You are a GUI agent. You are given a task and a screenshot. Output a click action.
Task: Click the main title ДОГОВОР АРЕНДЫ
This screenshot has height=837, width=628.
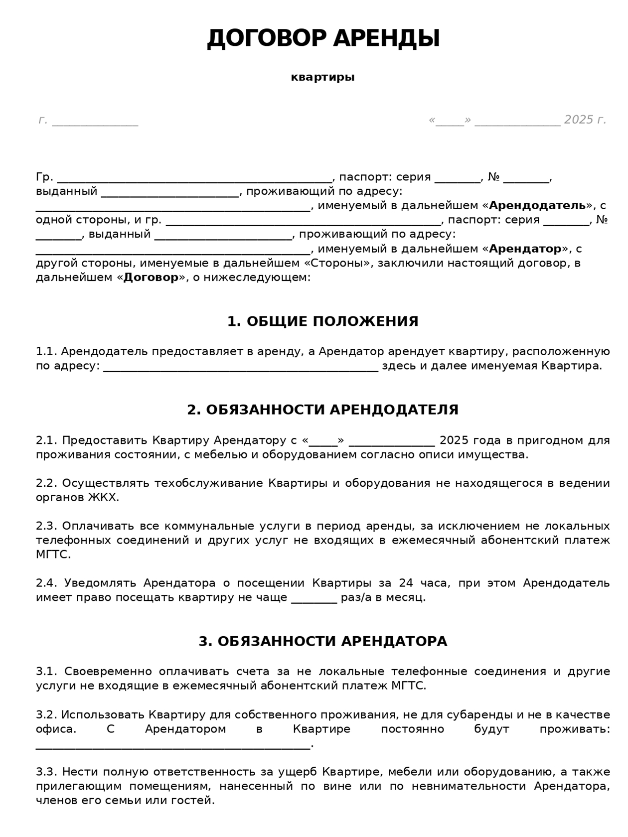click(x=323, y=39)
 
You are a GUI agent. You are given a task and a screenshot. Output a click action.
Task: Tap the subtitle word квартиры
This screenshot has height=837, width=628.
click(x=322, y=77)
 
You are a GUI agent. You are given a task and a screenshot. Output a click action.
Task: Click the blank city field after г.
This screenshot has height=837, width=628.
click(x=95, y=122)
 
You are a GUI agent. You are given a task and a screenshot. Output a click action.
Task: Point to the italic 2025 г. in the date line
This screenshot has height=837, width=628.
click(x=585, y=120)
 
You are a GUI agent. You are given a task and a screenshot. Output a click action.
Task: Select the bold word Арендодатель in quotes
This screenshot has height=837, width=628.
click(x=537, y=205)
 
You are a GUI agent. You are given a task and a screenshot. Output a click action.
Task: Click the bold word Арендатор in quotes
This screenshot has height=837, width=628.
click(x=525, y=249)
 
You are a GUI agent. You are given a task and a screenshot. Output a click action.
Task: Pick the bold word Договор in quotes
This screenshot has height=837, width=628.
click(x=151, y=278)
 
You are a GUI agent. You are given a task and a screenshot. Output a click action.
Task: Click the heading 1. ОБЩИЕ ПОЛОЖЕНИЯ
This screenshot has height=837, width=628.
click(x=322, y=322)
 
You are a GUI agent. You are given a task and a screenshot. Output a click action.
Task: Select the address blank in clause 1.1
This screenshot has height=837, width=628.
click(x=241, y=367)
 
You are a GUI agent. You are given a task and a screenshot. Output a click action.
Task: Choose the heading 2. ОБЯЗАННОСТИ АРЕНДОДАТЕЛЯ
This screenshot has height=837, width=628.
click(x=322, y=410)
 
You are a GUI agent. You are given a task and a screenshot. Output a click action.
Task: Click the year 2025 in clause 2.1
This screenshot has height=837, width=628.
click(x=454, y=440)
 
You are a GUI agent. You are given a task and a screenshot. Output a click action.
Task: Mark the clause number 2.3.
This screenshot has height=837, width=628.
click(x=47, y=527)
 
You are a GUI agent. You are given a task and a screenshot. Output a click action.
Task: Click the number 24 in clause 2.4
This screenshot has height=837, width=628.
click(x=406, y=583)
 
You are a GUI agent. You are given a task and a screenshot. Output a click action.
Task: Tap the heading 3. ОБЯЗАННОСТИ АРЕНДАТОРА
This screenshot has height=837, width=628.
click(x=322, y=642)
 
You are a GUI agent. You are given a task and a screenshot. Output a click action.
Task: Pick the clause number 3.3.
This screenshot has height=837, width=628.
click(x=47, y=773)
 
